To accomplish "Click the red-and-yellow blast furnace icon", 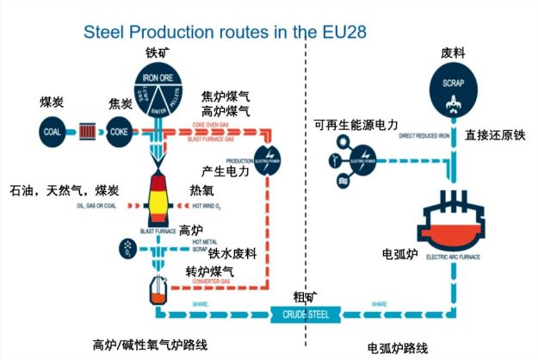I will [158, 200].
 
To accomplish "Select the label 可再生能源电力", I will [356, 126].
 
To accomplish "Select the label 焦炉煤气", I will [226, 96].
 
